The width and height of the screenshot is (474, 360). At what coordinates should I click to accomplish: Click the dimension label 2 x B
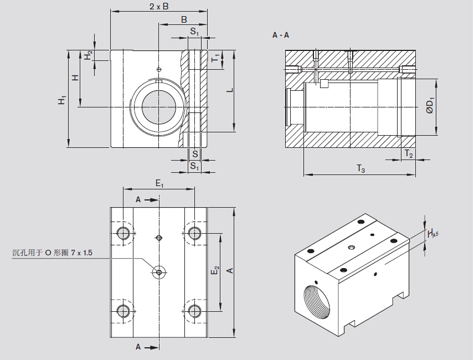coord(159,7)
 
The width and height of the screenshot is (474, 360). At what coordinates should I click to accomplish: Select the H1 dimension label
coord(63,100)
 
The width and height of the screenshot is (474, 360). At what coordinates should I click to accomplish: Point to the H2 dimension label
coord(87,56)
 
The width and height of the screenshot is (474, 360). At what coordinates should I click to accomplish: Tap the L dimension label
coord(229,91)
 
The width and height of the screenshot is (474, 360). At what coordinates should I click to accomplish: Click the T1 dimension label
coord(216,57)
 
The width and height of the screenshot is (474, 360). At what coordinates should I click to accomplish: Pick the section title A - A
coord(281,35)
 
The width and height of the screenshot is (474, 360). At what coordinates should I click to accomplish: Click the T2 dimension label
coord(408,153)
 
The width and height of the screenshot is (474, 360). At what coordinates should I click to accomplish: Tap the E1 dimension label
coord(159,183)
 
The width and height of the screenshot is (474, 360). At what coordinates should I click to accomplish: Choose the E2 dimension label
coord(215,271)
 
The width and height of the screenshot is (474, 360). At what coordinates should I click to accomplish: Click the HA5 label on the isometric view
coord(433,234)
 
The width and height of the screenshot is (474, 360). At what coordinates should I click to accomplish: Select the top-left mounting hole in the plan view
coord(123,232)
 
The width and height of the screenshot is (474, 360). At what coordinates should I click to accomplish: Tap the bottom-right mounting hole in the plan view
coord(194,311)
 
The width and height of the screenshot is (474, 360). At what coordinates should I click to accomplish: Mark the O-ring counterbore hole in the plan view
coord(159,271)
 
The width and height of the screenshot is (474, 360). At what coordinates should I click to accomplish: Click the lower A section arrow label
coord(138,347)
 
